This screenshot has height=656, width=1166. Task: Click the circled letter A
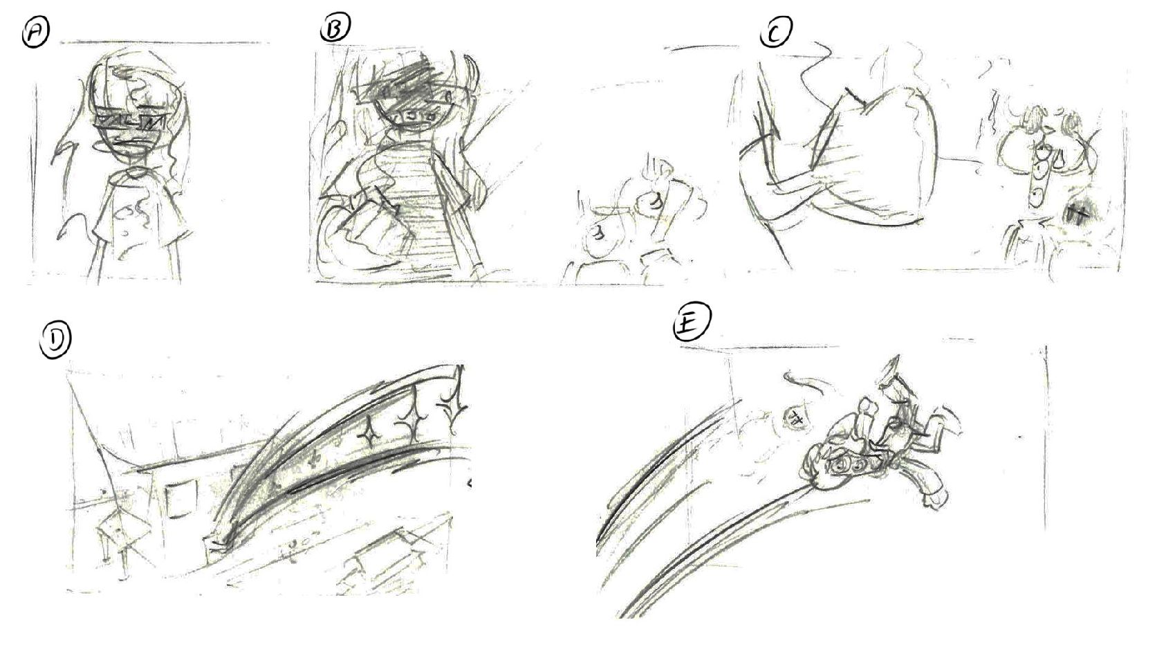(36, 34)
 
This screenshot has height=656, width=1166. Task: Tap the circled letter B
(335, 28)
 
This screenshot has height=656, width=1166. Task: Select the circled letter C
(775, 32)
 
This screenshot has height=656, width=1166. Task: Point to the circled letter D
(55, 343)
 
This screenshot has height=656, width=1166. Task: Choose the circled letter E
(692, 325)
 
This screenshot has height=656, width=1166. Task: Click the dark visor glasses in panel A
(131, 122)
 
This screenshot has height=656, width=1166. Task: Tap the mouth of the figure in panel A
(127, 140)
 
